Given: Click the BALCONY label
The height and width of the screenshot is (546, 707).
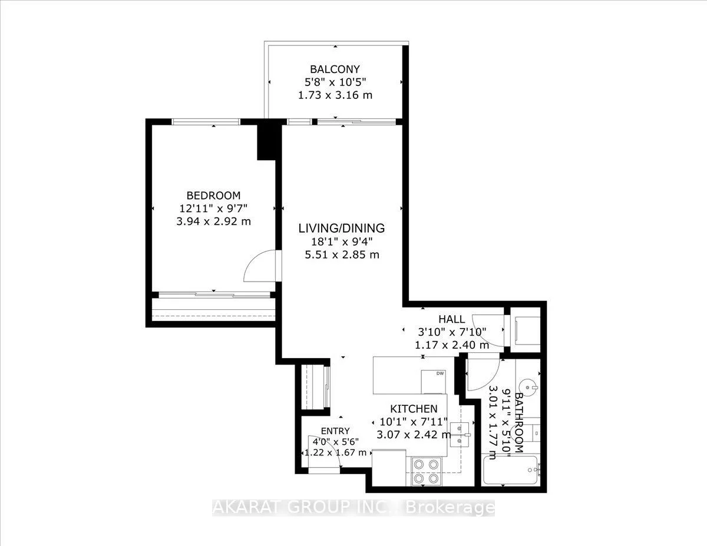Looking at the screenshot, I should point(335,69).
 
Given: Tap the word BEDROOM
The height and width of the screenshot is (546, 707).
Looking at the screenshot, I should point(213,196).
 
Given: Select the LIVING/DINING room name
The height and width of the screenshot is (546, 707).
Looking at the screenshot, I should point(341,228).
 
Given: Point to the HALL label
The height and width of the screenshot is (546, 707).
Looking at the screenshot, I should point(451,319).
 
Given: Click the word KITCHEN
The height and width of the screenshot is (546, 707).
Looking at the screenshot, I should point(414,409).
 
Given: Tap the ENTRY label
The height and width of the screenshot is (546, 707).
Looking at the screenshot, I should point(335,431).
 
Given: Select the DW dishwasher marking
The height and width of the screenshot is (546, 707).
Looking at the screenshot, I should point(440,373).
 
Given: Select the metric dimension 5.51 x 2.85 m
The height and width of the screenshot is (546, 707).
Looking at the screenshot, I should point(341,254).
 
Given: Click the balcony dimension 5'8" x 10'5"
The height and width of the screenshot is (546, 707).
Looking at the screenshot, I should point(335,82).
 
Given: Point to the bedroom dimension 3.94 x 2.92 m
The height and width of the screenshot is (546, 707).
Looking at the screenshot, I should point(213,221).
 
